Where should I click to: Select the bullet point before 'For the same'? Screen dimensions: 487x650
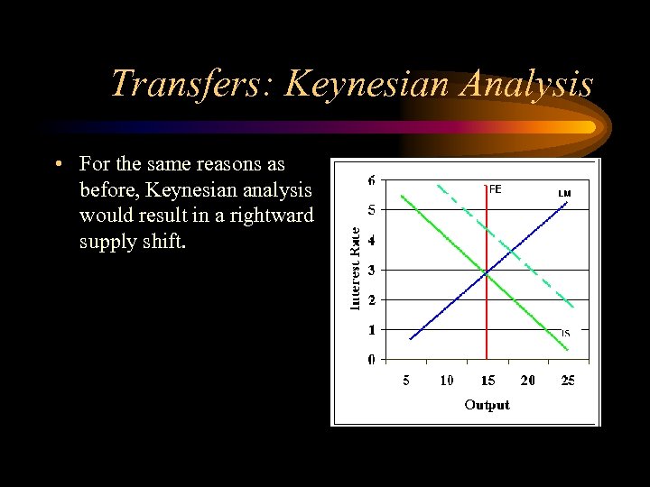57,164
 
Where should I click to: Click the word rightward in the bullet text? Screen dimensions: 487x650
272,216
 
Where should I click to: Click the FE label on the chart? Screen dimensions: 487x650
496,189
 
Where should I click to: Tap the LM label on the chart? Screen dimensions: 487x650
564,193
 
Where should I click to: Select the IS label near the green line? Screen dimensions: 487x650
565,334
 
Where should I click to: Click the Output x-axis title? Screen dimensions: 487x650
487,405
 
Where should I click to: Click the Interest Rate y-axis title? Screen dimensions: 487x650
356,268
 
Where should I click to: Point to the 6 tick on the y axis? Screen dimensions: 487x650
372,180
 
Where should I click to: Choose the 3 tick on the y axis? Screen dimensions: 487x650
372,270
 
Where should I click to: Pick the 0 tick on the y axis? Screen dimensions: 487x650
372,360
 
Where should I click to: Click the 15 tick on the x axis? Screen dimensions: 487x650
487,381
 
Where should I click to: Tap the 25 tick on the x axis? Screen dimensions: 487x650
568,381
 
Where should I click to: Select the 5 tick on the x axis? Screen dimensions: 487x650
406,381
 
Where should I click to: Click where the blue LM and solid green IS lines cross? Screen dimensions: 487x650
486,271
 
